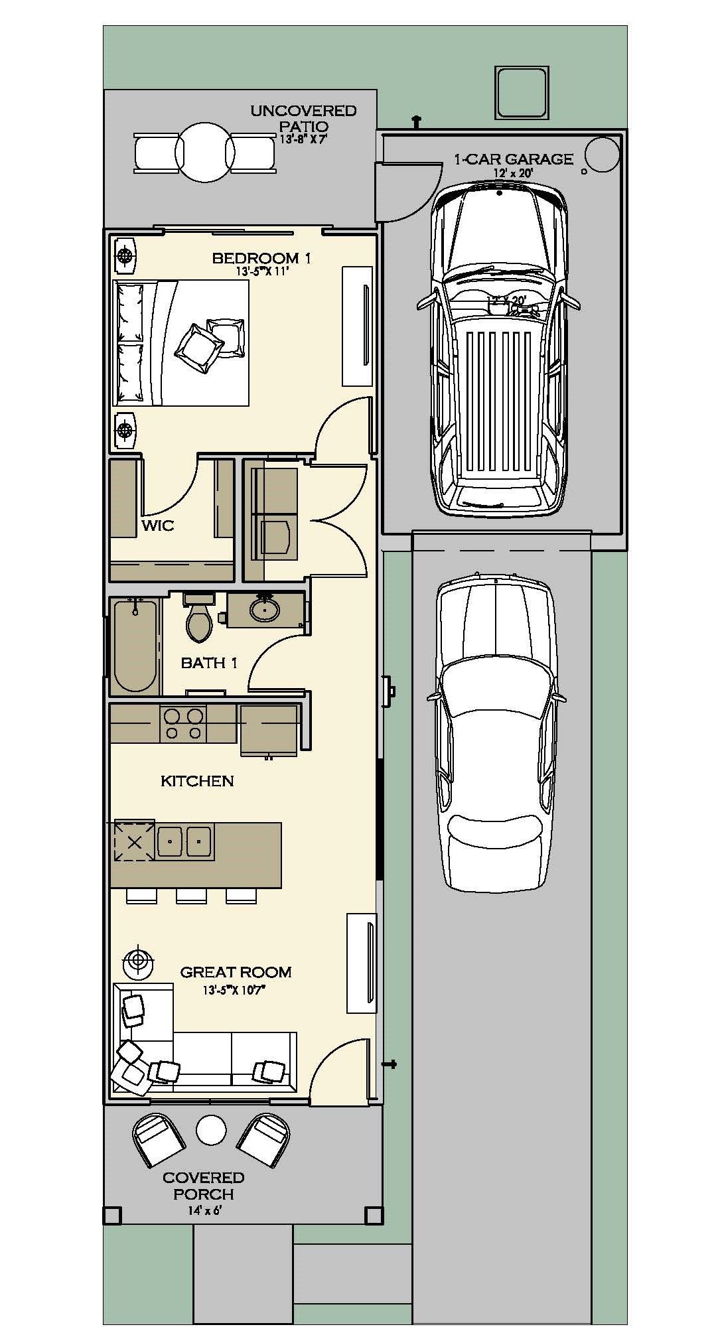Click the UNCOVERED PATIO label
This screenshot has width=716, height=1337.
[x=303, y=118]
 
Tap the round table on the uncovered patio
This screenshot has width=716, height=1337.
[x=205, y=153]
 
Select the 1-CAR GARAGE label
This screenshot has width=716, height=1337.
[x=513, y=159]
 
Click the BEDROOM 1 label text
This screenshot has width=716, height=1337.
[x=261, y=258]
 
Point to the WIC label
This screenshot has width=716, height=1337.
[x=158, y=526]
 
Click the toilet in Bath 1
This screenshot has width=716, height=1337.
[x=199, y=620]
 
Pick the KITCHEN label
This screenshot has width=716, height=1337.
[x=197, y=781]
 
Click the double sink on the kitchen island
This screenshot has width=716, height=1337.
[x=184, y=842]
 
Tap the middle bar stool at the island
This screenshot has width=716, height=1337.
[x=191, y=896]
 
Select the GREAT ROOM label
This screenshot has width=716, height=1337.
[x=236, y=972]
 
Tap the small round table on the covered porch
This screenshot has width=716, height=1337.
[x=211, y=1129]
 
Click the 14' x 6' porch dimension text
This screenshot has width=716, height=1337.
[x=204, y=1210]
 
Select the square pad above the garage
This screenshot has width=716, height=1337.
[x=522, y=92]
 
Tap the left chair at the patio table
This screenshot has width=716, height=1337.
[x=157, y=153]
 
